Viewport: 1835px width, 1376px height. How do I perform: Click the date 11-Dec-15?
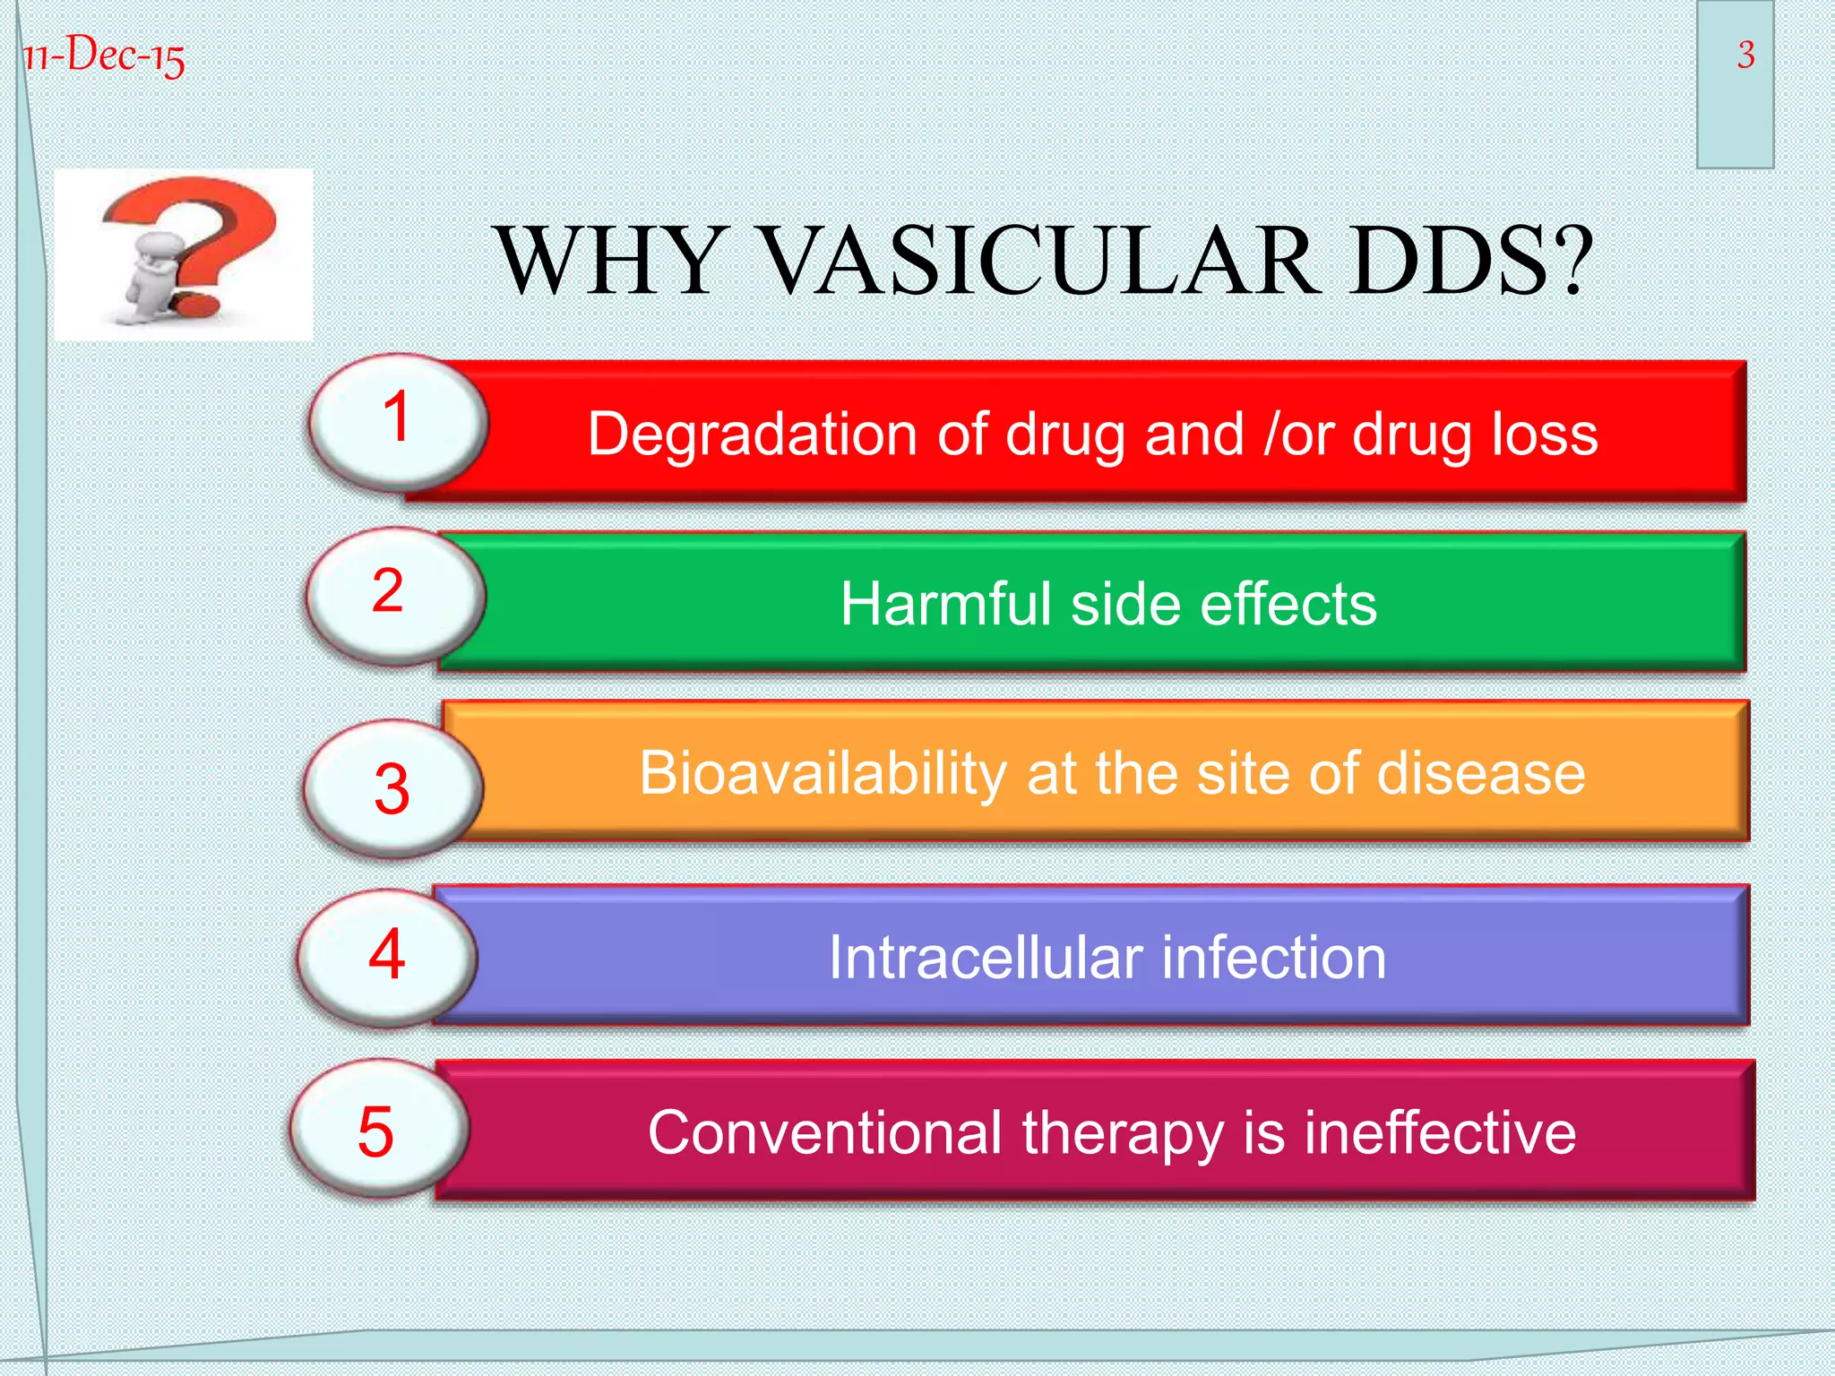coord(104,56)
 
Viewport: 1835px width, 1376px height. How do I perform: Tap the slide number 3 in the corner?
coord(1745,56)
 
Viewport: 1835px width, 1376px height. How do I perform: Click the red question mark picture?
coord(185,254)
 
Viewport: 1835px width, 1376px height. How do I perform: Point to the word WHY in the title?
coord(610,261)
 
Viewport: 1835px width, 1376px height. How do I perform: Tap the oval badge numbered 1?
coord(398,421)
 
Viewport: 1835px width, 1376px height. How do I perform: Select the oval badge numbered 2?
coord(394,595)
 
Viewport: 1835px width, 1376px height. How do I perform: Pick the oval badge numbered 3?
coord(392,788)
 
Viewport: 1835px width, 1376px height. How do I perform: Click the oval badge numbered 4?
coord(387,955)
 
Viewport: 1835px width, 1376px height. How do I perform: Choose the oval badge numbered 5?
coord(378,1131)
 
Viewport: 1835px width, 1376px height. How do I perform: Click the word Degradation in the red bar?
coord(753,435)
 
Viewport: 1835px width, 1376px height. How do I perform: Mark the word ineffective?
coord(1439,1133)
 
